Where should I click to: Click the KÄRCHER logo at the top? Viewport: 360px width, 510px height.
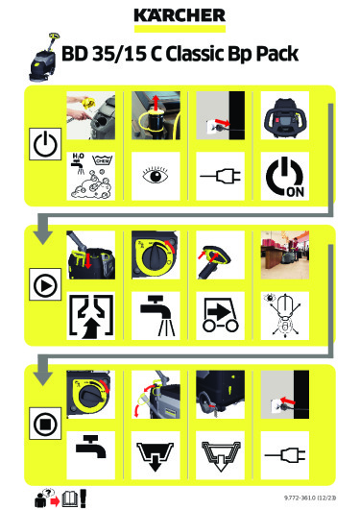180,16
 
